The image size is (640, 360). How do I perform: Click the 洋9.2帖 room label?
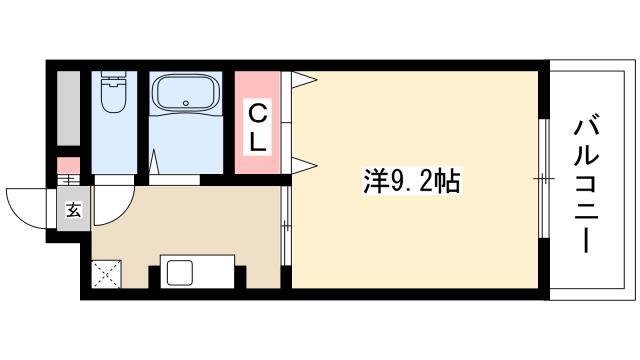coord(411,182)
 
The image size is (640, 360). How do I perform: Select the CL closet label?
coord(258,127)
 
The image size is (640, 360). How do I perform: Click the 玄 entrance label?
coord(73,210)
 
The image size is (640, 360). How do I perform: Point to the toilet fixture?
coord(113,92)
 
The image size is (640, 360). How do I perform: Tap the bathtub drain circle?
coord(186,103)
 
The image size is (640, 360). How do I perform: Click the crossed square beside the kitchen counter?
coord(106,274)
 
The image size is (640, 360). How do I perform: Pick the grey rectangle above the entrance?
coord(68,108)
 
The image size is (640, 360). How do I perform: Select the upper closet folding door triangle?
coord(304,80)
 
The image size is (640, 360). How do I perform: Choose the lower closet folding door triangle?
coord(304,165)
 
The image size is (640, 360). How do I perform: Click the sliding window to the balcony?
coord(544,179)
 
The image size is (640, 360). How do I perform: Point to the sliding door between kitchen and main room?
coord(286,226)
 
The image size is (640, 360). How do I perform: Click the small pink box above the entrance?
coord(68,165)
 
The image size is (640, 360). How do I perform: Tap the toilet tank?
coord(113,76)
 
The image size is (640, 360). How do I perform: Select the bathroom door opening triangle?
coord(154,162)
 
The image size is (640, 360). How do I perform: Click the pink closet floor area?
coord(258,122)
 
